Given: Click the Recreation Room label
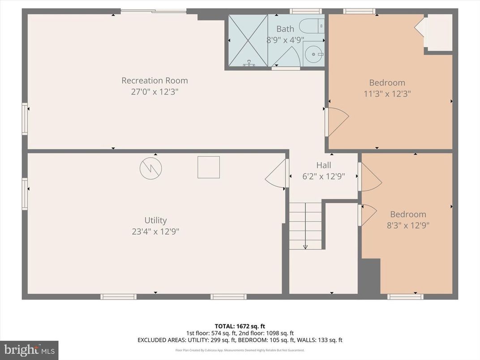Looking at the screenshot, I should (x=154, y=81).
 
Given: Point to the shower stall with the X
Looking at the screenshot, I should (x=248, y=41).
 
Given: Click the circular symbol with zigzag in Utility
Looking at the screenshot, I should (x=150, y=168).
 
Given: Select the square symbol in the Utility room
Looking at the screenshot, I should (x=209, y=167).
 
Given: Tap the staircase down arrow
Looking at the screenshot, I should (x=305, y=245).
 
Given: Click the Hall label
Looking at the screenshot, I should (x=323, y=165).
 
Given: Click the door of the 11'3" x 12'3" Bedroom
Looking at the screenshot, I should (x=337, y=122).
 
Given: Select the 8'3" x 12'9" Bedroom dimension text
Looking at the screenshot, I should (x=407, y=226).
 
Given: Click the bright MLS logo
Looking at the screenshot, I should (x=29, y=350).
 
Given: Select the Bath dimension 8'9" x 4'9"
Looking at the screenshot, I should (x=285, y=39).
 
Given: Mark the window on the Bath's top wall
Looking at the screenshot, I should (x=305, y=11).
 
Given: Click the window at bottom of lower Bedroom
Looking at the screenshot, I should (x=405, y=296).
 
